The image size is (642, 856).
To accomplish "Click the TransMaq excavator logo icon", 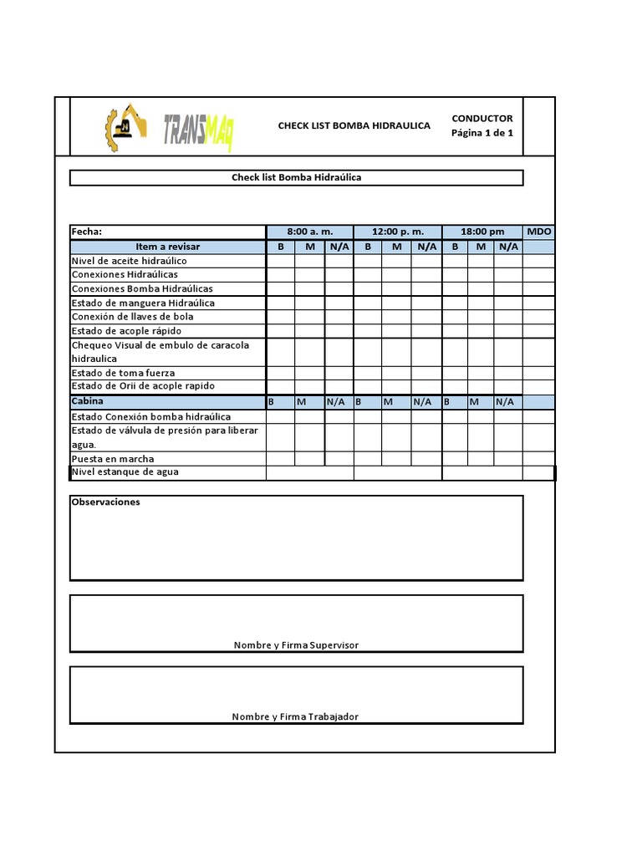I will (x=125, y=127).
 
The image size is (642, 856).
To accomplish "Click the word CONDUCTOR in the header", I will (x=482, y=119).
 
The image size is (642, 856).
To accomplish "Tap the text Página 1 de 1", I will (x=482, y=133).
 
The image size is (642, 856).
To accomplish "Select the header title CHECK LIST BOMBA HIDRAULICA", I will (x=354, y=126).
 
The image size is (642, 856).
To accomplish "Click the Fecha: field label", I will (x=87, y=232).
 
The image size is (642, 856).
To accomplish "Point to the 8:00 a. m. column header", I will (x=309, y=232).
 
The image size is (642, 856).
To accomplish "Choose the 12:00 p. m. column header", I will (x=397, y=232).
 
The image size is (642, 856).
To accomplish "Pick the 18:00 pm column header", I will (x=482, y=232).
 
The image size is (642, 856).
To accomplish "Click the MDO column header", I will (x=539, y=232).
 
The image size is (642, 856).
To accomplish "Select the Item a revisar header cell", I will (x=168, y=247).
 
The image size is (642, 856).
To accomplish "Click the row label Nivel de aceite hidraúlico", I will (x=129, y=261).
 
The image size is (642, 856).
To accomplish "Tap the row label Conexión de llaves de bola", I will (x=132, y=317).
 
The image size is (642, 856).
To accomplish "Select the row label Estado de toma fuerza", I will (x=123, y=373).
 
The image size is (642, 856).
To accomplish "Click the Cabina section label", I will (x=88, y=401).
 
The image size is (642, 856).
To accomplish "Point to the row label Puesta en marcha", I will (x=113, y=459).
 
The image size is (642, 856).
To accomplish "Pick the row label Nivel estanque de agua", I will (x=125, y=472).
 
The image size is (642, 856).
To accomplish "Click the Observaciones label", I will (x=105, y=502).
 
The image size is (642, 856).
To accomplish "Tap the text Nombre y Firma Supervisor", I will (x=296, y=645).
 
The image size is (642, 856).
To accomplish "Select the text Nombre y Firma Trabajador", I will (x=295, y=716).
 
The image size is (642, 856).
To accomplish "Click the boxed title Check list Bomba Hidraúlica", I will (x=296, y=178).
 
